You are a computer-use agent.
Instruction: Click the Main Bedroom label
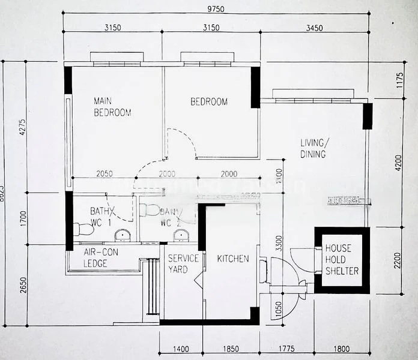(x=112, y=106)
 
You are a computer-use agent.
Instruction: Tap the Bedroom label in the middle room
(x=209, y=101)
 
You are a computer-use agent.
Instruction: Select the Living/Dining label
(x=314, y=148)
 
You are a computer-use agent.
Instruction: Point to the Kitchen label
(x=233, y=259)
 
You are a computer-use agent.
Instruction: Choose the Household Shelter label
(x=342, y=259)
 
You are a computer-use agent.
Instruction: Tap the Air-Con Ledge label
(x=101, y=258)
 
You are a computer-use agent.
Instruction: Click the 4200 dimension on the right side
(x=397, y=163)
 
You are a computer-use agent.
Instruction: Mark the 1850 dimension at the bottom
(x=230, y=349)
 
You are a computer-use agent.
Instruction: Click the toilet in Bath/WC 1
(x=83, y=229)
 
